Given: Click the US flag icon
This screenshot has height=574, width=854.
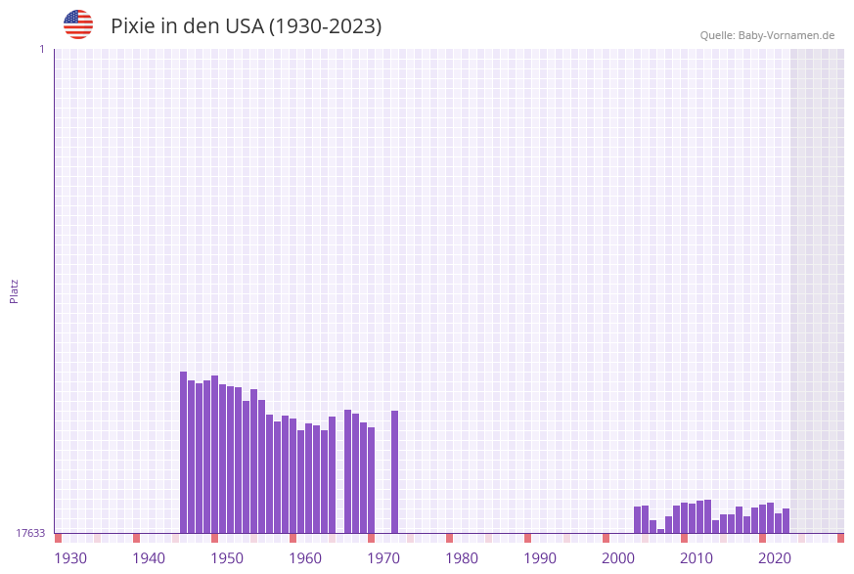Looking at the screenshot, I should pos(78,24).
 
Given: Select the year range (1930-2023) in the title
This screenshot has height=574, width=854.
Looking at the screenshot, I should pos(325,26).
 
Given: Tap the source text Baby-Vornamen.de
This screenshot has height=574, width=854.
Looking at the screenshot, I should pos(786,35).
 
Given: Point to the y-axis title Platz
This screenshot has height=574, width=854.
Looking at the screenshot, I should pos(15,290).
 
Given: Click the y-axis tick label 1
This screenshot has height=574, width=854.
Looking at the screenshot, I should pos(41,49).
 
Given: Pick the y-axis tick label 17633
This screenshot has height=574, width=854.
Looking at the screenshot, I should pos(30,533).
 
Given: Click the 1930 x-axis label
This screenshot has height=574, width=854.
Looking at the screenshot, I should pos(70,558).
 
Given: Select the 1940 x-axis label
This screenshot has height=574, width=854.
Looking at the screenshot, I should pos(149,558).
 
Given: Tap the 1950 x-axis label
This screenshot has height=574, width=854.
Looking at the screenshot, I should pos(227,558).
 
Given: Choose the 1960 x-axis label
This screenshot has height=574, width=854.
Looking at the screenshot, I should pos(305,558).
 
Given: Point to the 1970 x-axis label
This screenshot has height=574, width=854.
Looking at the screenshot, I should pos(383,558).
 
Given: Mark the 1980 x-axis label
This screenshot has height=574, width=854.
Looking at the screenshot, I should pos(462,558).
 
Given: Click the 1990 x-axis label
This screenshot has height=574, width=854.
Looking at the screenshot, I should pos(540,558).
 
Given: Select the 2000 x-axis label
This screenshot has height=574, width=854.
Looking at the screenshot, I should pos(618,558).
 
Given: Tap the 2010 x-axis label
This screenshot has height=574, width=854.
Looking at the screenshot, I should pos(697,558).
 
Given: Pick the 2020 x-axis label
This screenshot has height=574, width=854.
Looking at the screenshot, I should pos(775,558).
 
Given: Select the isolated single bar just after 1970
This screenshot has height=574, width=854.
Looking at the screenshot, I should pos(394,471).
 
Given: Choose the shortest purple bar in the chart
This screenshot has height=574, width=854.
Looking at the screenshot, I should pos(660,531).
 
